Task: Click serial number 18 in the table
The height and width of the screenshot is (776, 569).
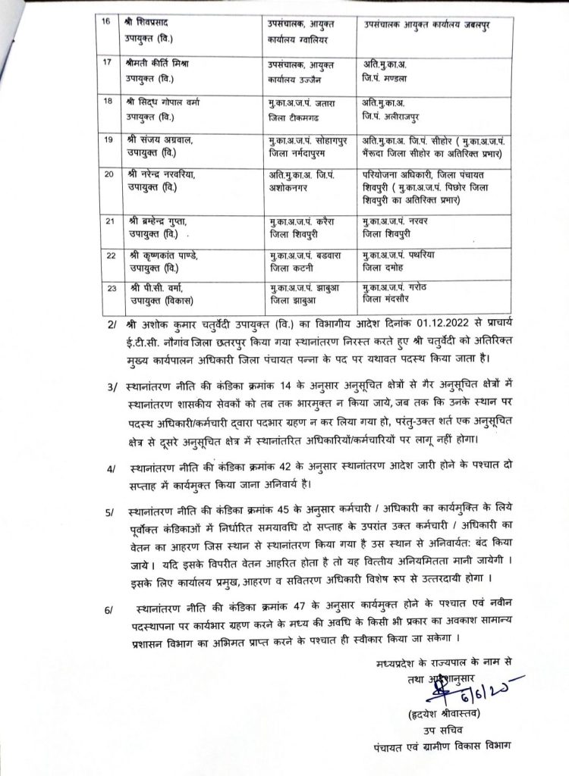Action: click(106, 99)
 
